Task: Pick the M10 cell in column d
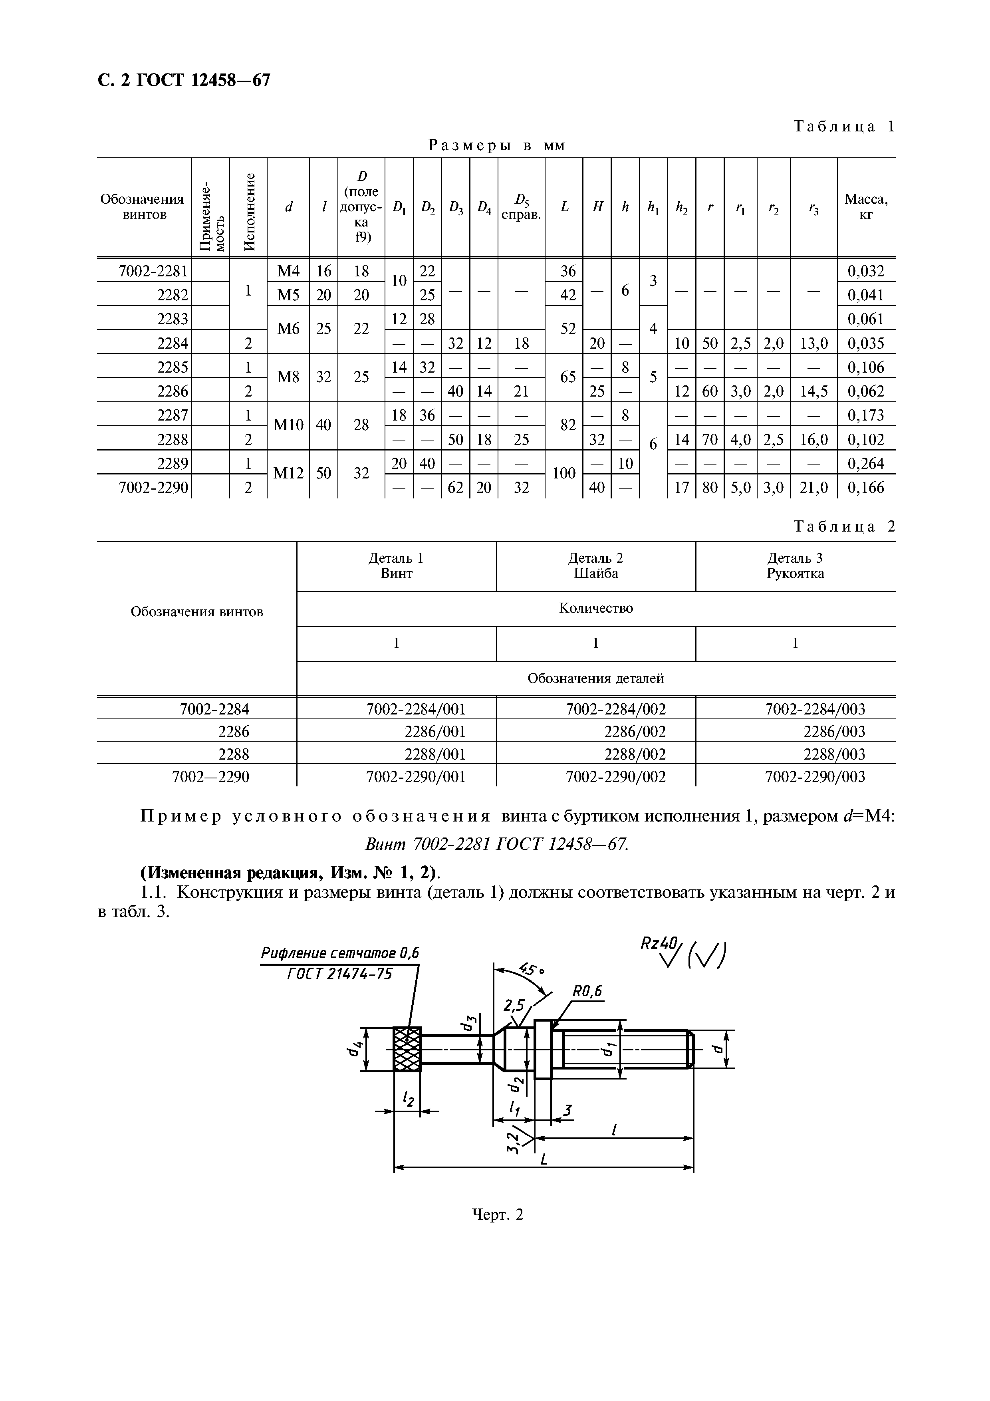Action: tap(288, 425)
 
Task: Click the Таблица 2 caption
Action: tap(843, 527)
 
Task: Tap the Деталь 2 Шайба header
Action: tap(595, 566)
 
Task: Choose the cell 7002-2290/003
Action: tap(815, 777)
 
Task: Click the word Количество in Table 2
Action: tap(595, 608)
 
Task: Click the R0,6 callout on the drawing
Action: tap(587, 992)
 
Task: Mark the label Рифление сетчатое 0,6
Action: tap(340, 953)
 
